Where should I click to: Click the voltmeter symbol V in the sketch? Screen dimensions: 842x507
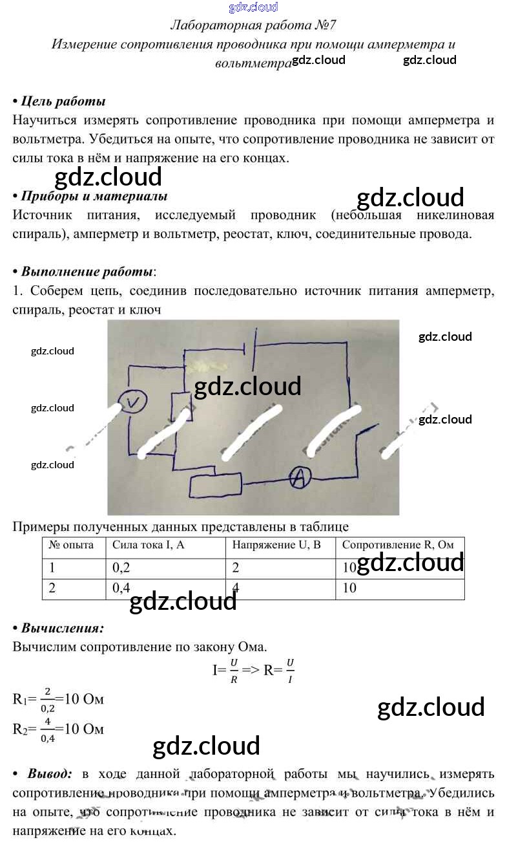tap(133, 403)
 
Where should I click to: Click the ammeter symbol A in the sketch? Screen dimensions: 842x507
tap(298, 478)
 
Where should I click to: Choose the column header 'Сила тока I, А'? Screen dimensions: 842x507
tap(149, 545)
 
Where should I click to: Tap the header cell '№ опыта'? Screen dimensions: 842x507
tap(72, 545)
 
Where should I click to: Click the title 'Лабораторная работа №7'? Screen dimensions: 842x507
tap(253, 26)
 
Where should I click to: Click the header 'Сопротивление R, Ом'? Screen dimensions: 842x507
tap(398, 545)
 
